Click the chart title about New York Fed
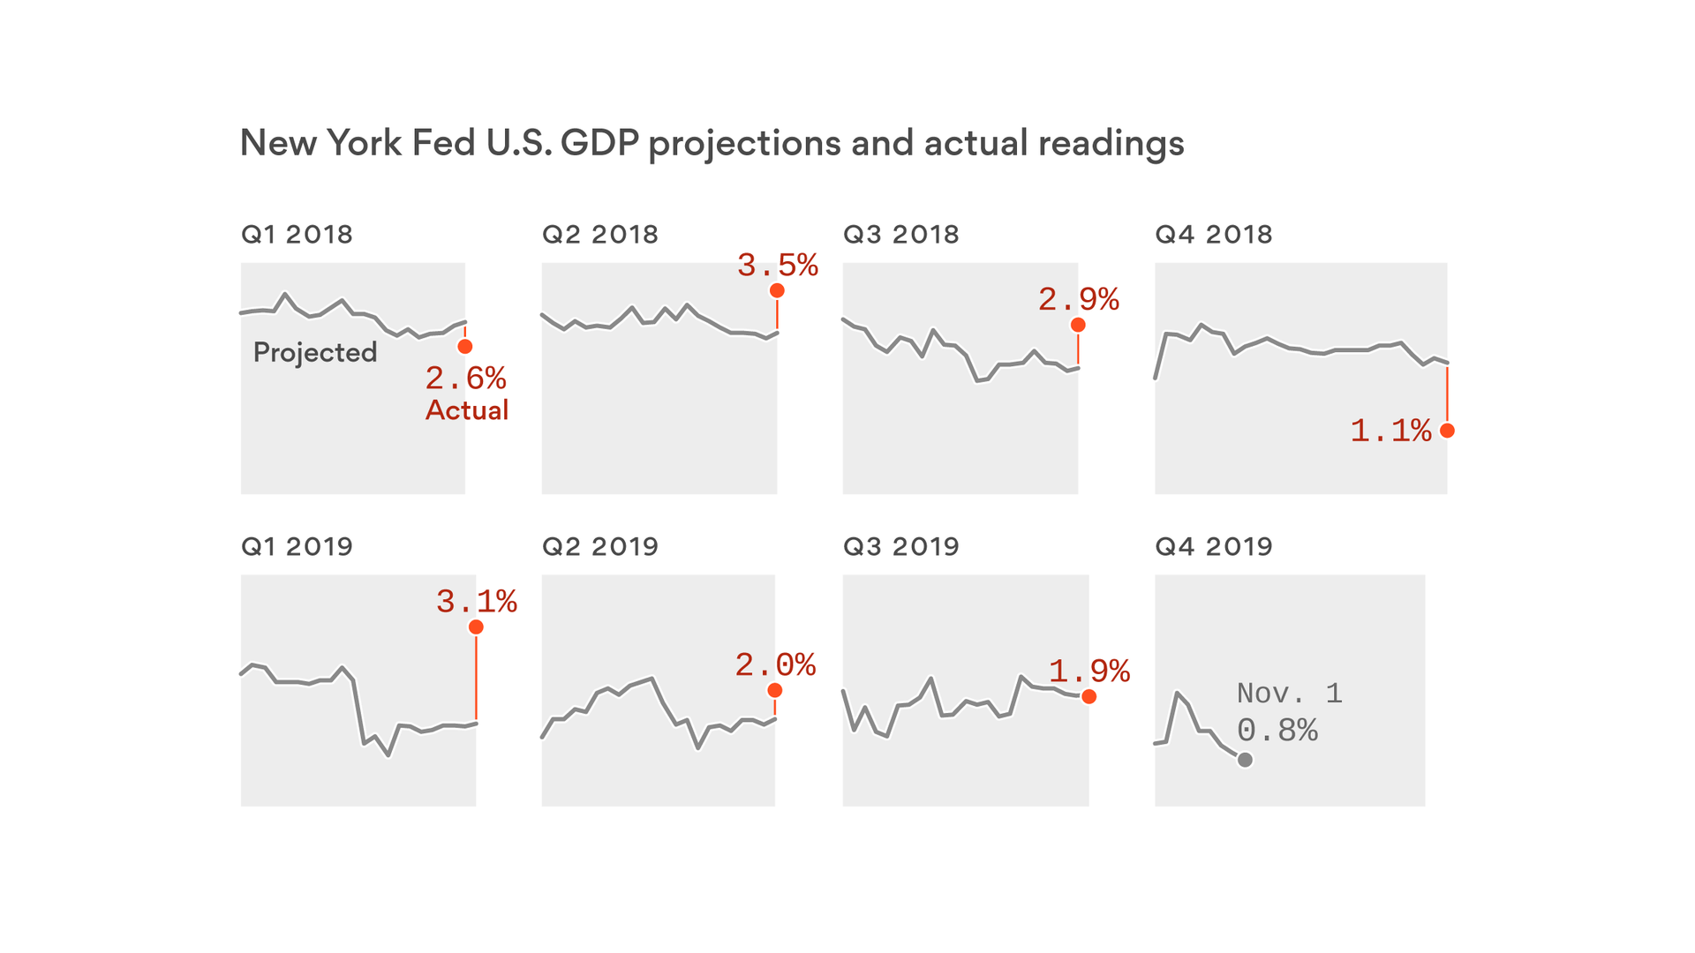tap(712, 143)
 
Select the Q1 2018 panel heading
tap(297, 235)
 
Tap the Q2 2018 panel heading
tap(600, 235)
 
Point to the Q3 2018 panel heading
tap(901, 235)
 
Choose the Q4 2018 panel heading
tap(1214, 235)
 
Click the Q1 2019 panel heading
tap(297, 547)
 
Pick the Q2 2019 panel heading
tap(600, 547)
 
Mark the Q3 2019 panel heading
tap(901, 547)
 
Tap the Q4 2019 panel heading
tap(1214, 547)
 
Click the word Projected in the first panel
tap(315, 352)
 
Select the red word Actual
tap(467, 410)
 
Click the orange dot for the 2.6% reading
tap(465, 347)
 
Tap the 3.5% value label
tap(778, 266)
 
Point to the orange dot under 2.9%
tap(1078, 325)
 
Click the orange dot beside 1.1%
tap(1447, 431)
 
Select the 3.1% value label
tap(477, 602)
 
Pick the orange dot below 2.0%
tap(775, 690)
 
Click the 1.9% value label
tap(1089, 672)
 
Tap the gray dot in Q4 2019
tap(1245, 760)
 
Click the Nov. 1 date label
tap(1290, 694)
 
